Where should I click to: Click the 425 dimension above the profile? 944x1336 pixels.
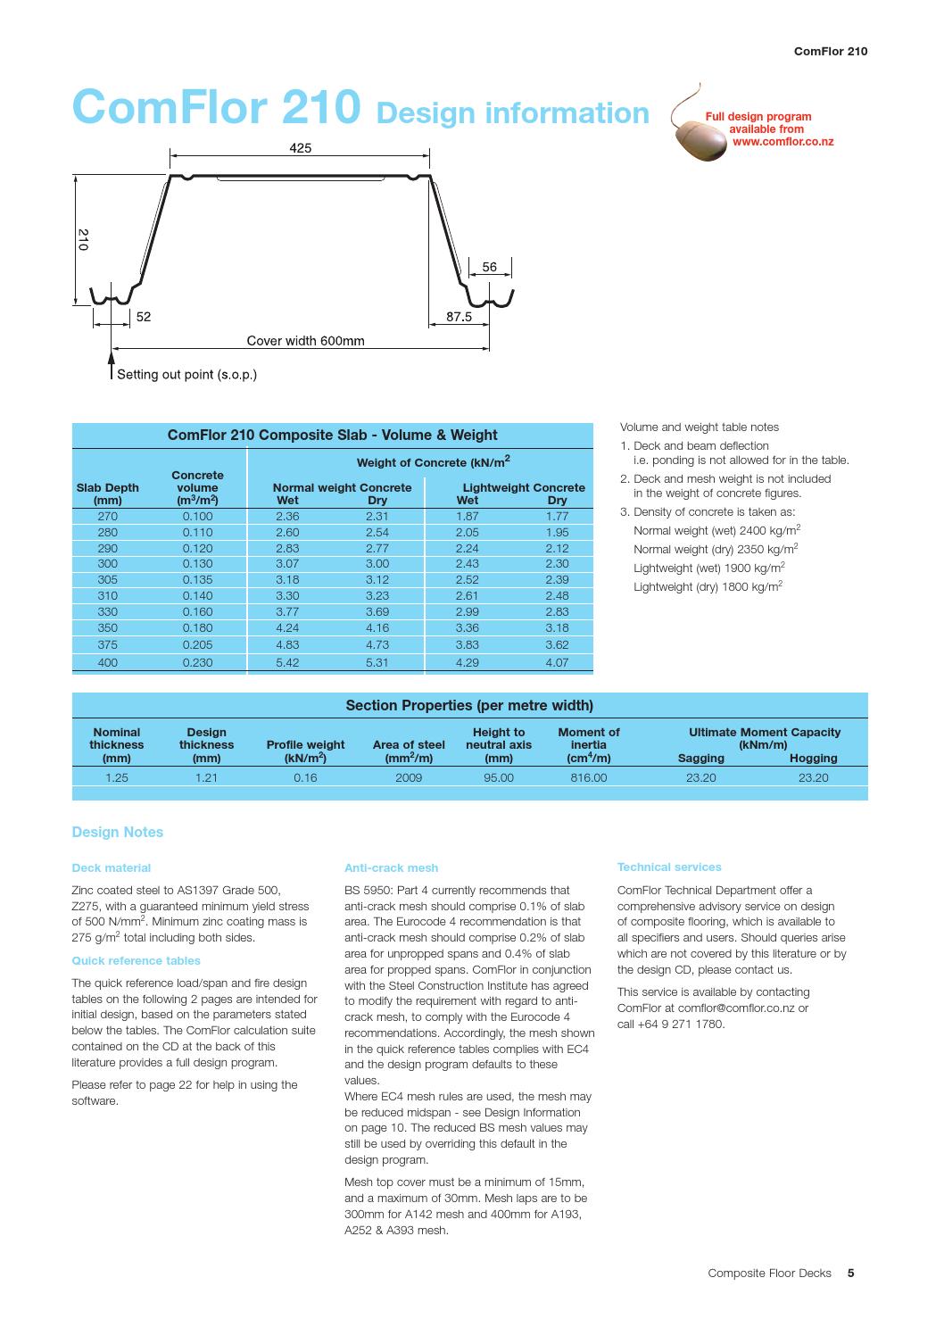point(301,149)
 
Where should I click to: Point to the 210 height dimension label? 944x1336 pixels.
point(82,239)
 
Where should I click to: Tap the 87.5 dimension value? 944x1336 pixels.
point(459,316)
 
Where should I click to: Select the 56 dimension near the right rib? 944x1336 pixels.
point(490,266)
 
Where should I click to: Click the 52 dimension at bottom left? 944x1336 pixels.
point(143,316)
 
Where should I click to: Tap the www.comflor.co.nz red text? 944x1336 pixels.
point(783,141)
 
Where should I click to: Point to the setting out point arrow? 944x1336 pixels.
point(111,365)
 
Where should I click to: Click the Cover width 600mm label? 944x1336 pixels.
point(305,340)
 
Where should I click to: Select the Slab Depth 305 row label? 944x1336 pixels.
point(107,579)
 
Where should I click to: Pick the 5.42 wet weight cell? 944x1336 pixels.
point(287,662)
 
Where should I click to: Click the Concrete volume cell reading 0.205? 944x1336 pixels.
point(197,644)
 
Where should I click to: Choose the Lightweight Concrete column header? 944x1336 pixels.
point(523,487)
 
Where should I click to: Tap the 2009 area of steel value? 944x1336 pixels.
point(409,777)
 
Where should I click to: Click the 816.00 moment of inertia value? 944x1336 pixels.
point(589,777)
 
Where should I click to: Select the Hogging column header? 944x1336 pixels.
point(813,758)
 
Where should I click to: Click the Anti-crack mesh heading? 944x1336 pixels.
point(391,867)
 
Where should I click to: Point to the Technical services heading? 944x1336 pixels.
point(669,867)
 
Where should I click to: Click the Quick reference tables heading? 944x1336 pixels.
point(136,961)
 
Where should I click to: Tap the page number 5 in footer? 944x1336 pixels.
point(850,1274)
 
